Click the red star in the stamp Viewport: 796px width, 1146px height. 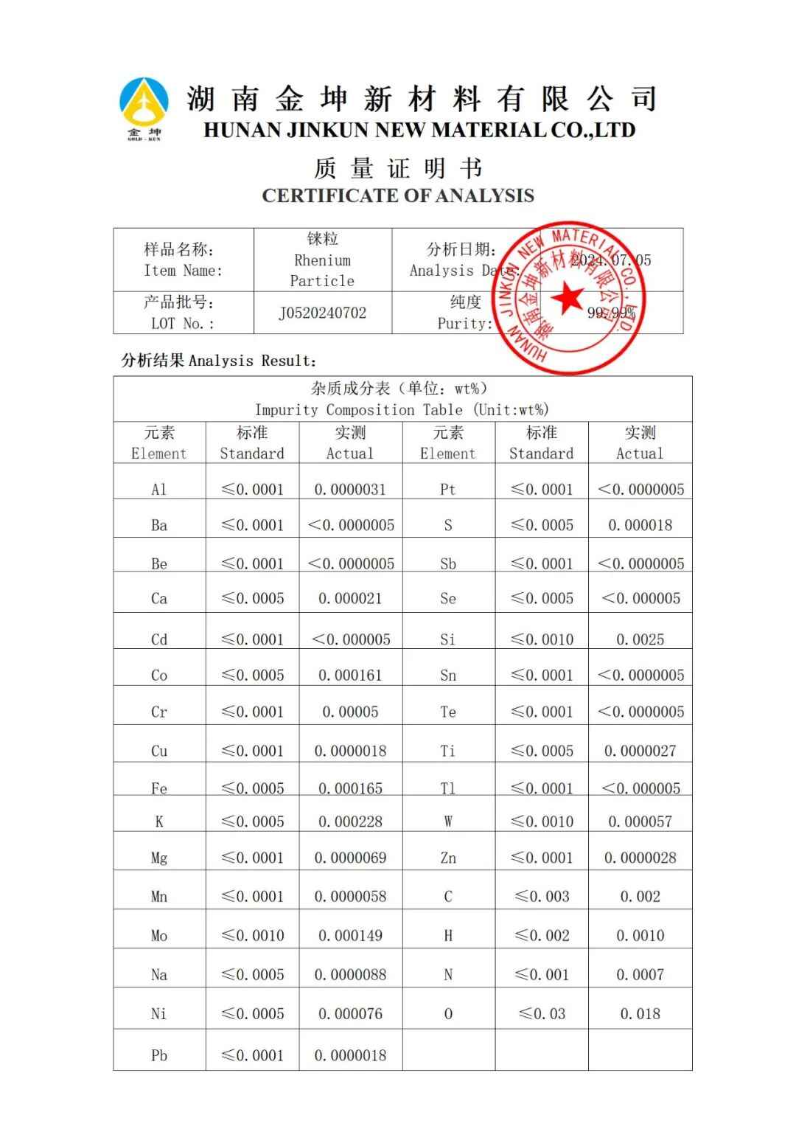click(567, 297)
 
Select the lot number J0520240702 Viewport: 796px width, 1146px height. click(322, 313)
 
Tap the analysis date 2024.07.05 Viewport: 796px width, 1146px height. click(611, 260)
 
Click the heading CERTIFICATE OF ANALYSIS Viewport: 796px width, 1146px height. click(398, 195)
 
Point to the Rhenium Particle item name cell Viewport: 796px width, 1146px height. click(322, 260)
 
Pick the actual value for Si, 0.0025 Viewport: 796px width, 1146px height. click(640, 639)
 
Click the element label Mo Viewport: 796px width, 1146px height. click(159, 936)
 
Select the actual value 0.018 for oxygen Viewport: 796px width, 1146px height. click(640, 1014)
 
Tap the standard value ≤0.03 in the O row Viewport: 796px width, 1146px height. click(542, 1014)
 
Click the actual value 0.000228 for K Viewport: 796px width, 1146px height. click(350, 822)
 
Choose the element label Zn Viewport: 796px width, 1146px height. click(448, 858)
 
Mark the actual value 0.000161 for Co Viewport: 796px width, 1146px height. click(350, 676)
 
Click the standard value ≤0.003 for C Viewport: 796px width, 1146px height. click(542, 897)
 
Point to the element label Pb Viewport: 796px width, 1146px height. click(159, 1055)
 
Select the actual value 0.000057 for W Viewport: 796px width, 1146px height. click(640, 822)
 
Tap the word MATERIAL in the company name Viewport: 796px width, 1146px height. click(487, 131)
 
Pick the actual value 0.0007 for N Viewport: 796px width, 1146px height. click(640, 975)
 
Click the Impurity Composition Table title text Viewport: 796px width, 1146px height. click(402, 410)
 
